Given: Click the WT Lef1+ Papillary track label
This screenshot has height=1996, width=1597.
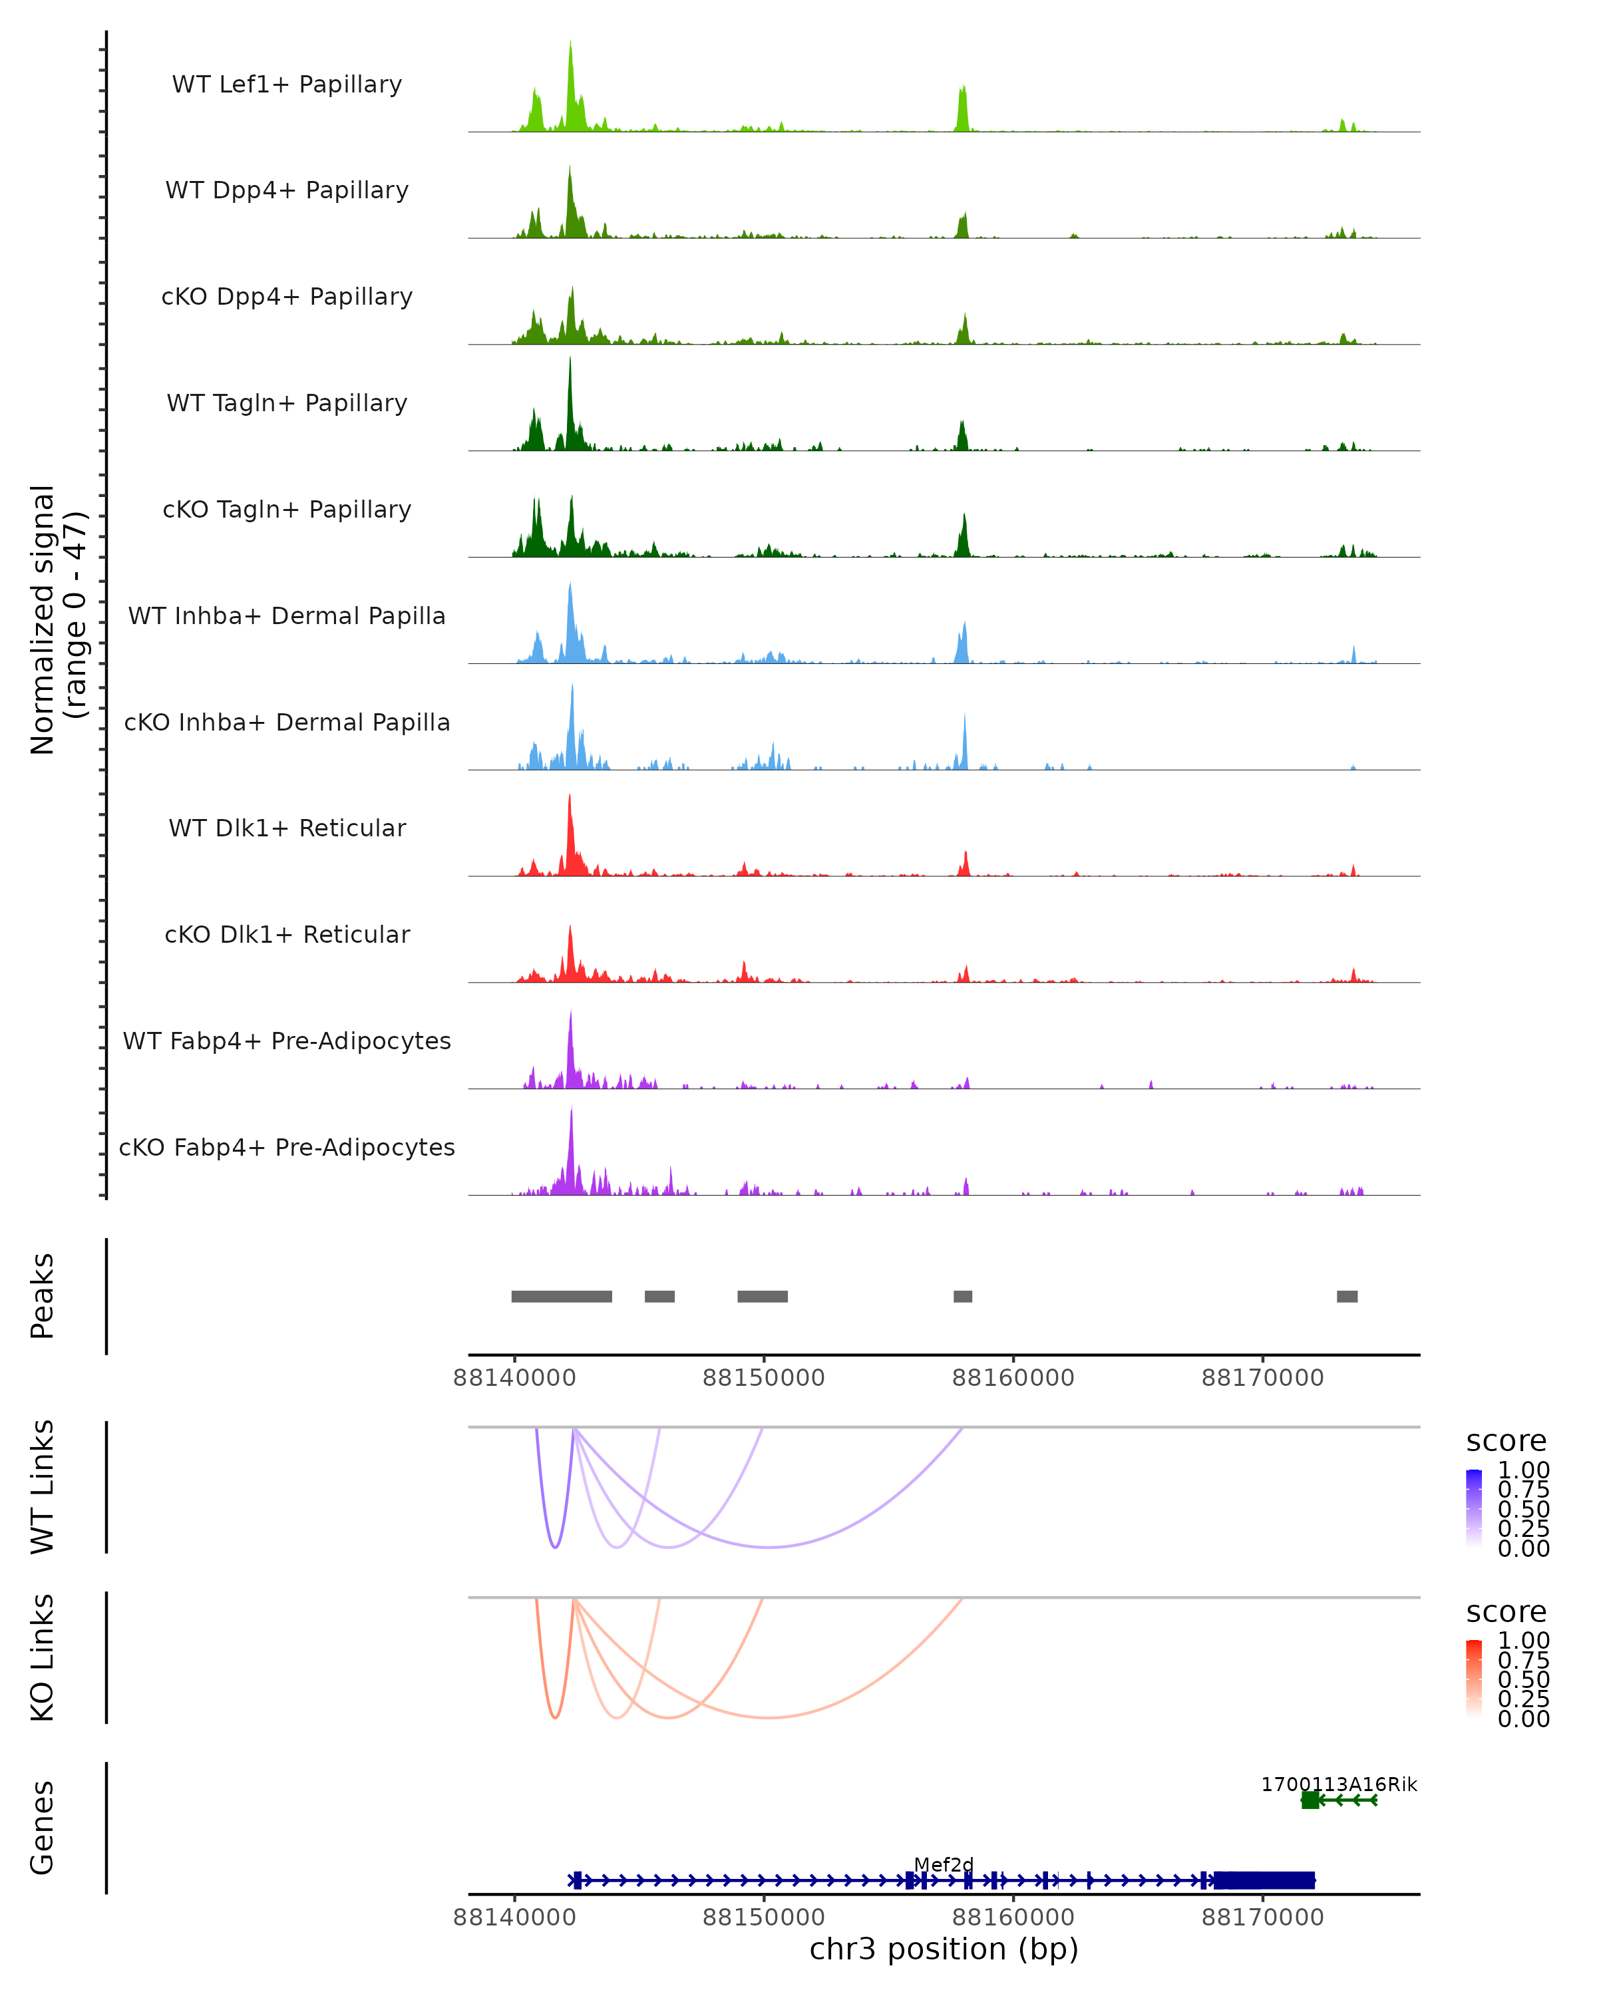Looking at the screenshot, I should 287,84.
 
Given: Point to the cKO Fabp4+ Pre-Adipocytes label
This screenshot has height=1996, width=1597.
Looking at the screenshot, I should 287,1147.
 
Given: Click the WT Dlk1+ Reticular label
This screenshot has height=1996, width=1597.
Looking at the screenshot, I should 287,828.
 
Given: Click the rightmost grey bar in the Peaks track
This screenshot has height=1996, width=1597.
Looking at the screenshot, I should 1347,1296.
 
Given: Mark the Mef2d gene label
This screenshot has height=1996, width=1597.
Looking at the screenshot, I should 944,1864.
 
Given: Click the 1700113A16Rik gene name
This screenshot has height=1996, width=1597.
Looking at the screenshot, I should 1339,1784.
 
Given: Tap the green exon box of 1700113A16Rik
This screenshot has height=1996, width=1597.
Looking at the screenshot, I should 1310,1800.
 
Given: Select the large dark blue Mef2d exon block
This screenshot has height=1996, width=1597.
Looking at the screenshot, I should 1265,1880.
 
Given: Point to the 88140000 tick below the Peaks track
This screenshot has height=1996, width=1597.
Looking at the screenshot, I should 515,1378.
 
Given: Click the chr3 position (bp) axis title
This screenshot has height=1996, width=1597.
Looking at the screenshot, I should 944,1949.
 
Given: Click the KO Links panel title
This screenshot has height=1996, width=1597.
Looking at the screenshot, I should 43,1657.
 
